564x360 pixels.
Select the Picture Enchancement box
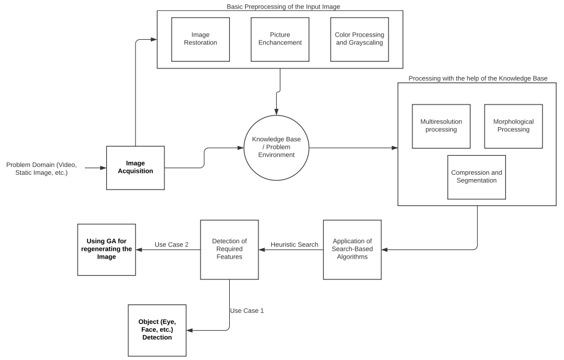(280, 39)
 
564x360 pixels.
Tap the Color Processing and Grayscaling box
(359, 39)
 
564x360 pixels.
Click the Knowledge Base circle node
(276, 148)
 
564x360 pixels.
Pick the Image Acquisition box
(135, 167)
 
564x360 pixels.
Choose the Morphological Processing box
(513, 126)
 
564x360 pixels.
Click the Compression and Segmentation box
(477, 177)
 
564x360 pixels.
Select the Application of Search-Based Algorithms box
(352, 249)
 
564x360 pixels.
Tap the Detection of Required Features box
(229, 249)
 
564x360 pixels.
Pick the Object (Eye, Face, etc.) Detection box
(157, 329)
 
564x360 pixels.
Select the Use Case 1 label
(247, 310)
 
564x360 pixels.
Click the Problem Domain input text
(42, 169)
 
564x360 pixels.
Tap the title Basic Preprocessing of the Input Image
(280, 6)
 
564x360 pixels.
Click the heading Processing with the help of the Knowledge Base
(477, 78)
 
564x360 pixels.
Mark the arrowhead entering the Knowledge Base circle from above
(276, 112)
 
